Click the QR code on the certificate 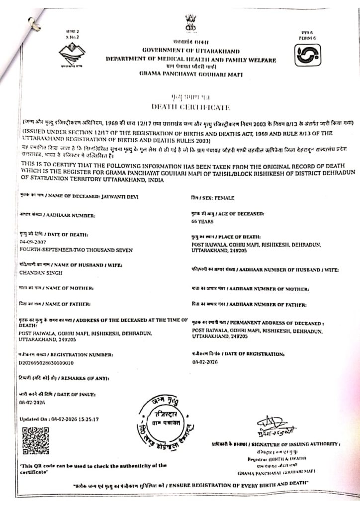tap(36, 440)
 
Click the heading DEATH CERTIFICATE tap(190, 107)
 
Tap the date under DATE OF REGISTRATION tap(204, 362)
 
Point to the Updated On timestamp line tap(59, 420)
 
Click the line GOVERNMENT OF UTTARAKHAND tap(191, 51)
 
